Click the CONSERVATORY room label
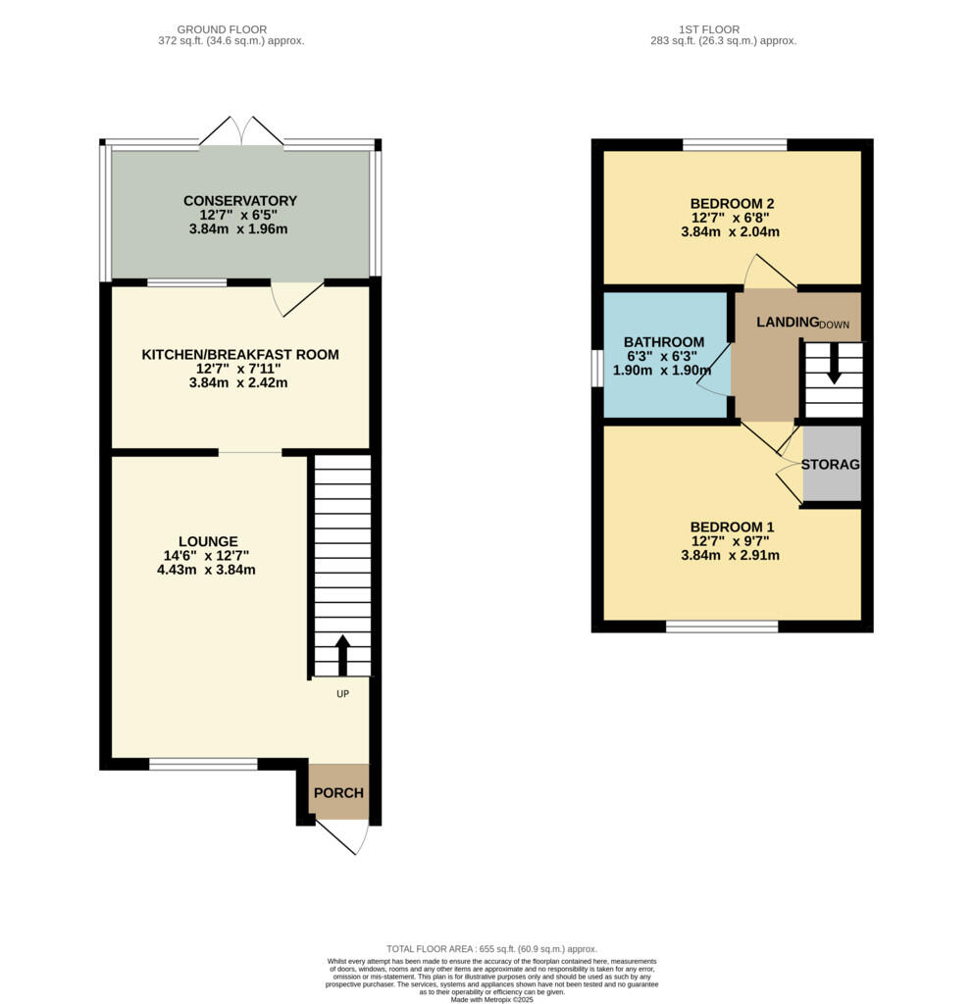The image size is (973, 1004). tap(240, 201)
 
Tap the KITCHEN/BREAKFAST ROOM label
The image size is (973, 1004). tap(240, 354)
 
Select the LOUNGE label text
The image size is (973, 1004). tap(208, 541)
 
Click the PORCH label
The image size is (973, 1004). tap(338, 793)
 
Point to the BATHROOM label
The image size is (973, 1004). tap(664, 342)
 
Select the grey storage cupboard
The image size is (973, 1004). tap(832, 464)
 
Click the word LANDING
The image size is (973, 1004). tap(787, 323)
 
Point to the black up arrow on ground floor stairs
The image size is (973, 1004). tap(342, 655)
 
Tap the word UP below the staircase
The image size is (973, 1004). tap(343, 692)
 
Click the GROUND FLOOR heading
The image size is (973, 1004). tap(221, 29)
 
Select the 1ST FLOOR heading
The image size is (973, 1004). tap(708, 29)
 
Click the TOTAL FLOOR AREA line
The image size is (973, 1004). tap(490, 949)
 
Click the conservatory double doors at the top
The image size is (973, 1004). tap(242, 132)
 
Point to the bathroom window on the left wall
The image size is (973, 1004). tap(596, 370)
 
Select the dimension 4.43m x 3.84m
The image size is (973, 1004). tap(206, 569)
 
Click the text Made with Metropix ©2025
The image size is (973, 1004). tap(490, 999)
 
